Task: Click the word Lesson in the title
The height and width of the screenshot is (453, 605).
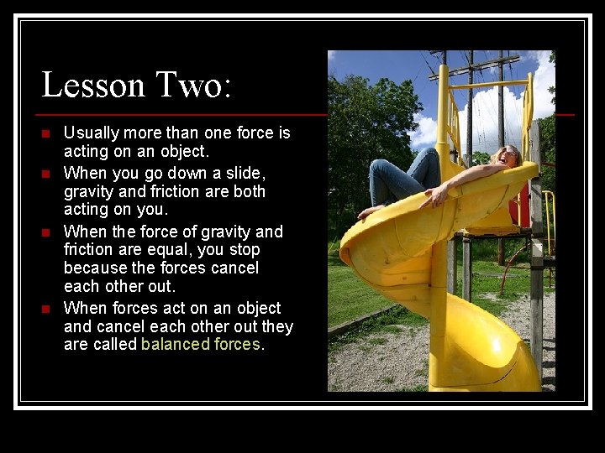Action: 92,86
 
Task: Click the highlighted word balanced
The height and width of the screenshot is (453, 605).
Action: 176,345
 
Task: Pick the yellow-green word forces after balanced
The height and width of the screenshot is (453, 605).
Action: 238,345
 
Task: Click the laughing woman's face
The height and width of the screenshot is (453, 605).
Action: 508,156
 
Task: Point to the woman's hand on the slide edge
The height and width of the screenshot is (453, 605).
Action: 435,198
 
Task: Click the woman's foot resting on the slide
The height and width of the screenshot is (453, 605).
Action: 370,213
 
